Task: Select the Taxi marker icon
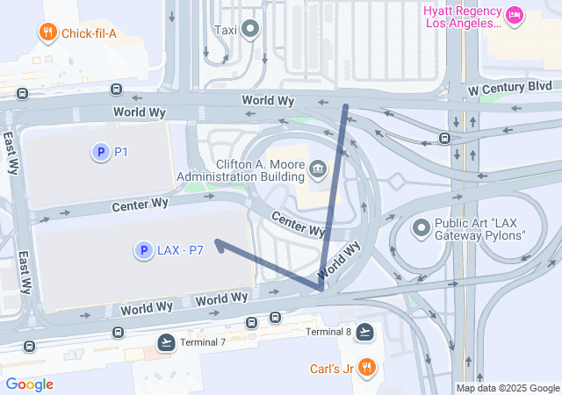tap(251, 30)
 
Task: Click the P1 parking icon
tap(100, 153)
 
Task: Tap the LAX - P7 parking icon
tap(142, 251)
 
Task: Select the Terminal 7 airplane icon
tap(165, 342)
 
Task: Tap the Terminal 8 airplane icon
tap(365, 332)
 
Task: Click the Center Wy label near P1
tap(140, 205)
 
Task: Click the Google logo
tap(29, 384)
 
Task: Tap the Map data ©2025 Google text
tap(508, 388)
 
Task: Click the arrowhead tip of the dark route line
tap(216, 241)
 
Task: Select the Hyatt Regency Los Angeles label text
tap(462, 17)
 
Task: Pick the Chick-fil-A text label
tap(89, 34)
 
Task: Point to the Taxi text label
tap(226, 30)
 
